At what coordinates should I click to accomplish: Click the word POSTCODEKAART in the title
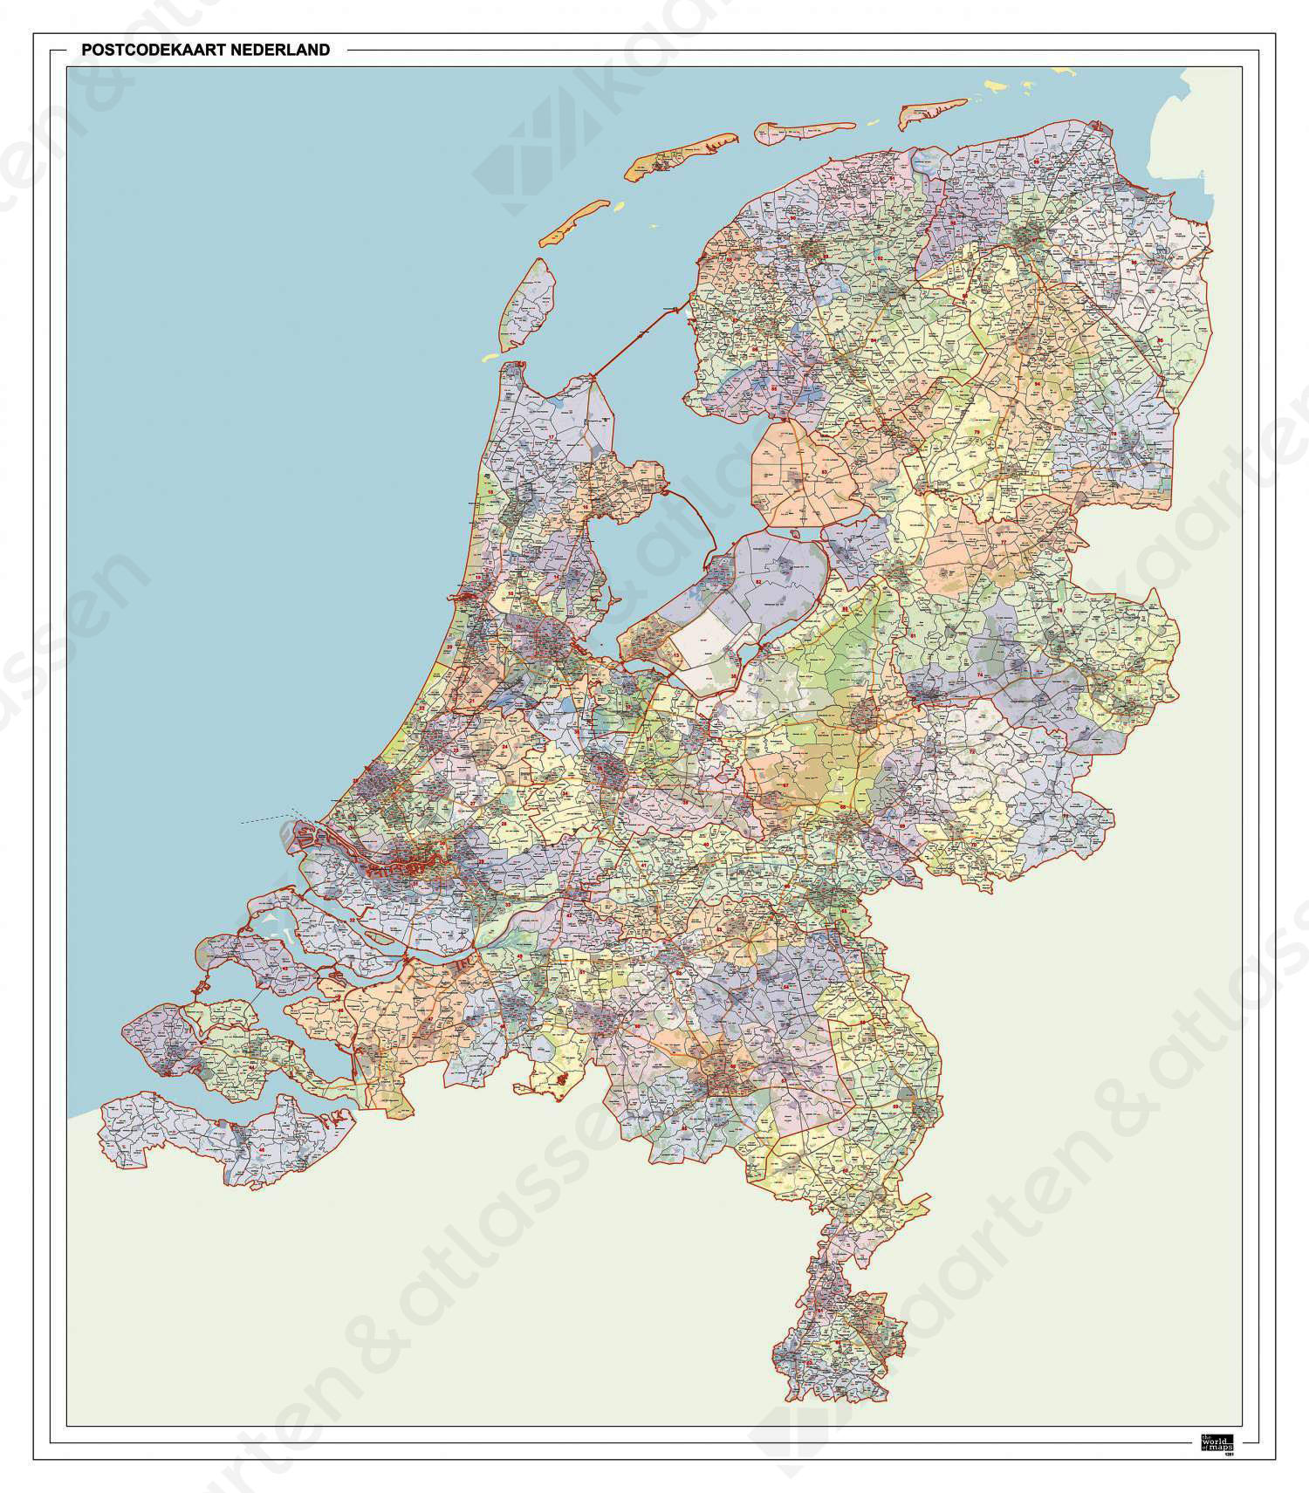point(149,51)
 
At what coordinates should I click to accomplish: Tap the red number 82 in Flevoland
point(758,581)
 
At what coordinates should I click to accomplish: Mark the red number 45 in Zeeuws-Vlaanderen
point(262,1150)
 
